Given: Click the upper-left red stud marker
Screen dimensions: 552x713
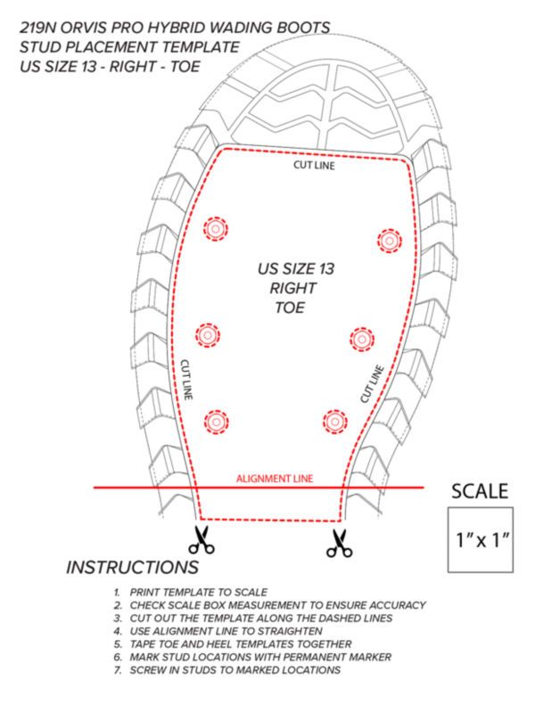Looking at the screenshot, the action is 215,229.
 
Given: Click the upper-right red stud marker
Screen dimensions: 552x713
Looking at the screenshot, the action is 389,241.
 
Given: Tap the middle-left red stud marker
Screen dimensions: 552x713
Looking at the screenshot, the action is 208,336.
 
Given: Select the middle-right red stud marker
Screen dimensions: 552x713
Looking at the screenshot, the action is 362,339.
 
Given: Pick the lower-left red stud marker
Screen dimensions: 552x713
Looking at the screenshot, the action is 216,422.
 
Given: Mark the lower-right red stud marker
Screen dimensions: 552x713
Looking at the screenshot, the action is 335,422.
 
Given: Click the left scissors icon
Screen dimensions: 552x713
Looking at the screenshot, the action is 202,540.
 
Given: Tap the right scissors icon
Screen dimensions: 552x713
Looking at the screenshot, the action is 339,544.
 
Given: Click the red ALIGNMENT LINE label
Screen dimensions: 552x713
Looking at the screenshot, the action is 275,479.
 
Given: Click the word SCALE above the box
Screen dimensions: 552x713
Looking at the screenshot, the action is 480,492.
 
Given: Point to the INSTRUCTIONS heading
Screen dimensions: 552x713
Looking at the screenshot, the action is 132,568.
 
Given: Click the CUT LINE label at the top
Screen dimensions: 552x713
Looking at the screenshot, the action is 314,165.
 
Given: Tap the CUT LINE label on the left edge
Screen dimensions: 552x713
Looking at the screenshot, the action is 186,380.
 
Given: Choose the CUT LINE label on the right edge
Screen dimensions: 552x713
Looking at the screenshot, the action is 372,384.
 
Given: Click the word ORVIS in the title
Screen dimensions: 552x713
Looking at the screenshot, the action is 83,29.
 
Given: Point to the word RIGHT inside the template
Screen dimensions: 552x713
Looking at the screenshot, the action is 293,288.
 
